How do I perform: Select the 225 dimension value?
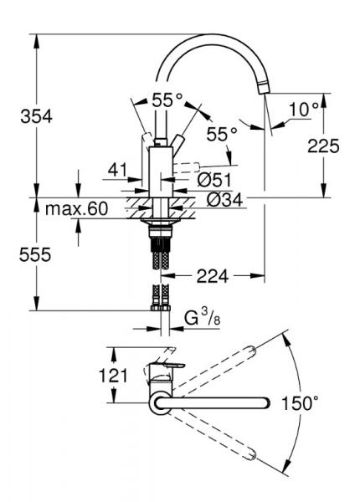click(322, 147)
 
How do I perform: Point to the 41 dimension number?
click(117, 171)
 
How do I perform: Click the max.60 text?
click(78, 208)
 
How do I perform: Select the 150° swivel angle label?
click(300, 404)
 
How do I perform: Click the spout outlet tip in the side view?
click(262, 87)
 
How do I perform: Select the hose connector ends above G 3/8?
click(159, 298)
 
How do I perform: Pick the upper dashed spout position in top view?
click(218, 368)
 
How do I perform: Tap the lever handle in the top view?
click(167, 369)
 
